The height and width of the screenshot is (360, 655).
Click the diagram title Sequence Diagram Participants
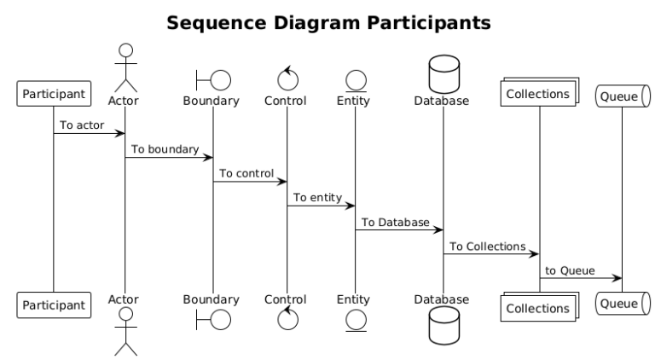click(328, 23)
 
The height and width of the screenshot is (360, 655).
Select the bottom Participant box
click(53, 304)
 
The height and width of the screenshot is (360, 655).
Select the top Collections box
click(538, 94)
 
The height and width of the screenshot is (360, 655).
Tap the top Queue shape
click(621, 96)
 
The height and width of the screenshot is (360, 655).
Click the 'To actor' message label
click(82, 125)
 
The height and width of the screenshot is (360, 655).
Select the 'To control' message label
click(246, 173)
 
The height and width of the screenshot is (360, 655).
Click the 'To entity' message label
click(318, 197)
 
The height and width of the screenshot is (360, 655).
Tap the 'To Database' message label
click(396, 222)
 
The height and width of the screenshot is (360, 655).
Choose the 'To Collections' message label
click(488, 246)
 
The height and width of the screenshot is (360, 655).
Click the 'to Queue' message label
click(570, 270)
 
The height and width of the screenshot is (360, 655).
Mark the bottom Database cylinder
click(443, 324)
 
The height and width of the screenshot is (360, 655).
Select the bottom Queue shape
click(621, 302)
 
